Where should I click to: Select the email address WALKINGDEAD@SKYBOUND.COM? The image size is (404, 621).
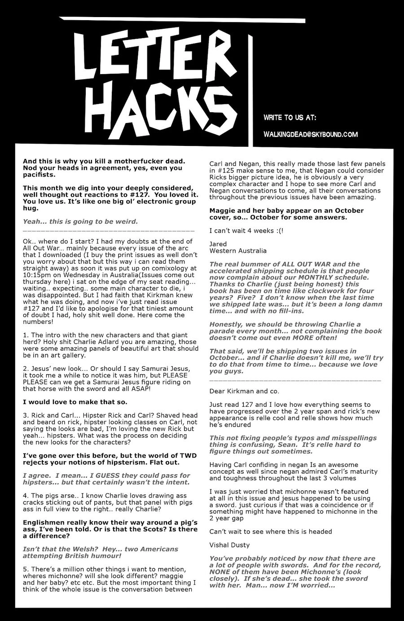coord(310,134)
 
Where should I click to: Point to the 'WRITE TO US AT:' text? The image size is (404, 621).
coord(290,118)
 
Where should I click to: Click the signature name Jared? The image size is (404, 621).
coord(218,244)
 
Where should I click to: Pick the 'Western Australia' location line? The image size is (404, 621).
coord(238,251)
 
